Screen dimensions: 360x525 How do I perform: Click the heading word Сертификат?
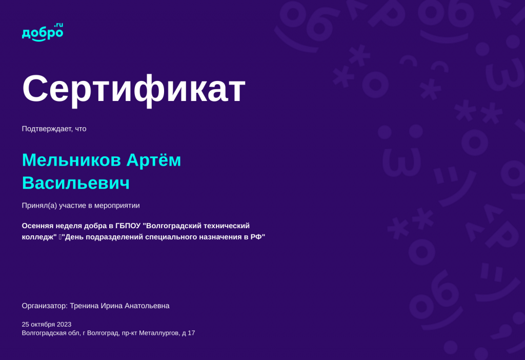tap(134, 89)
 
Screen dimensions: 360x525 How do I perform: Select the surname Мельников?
tap(71, 160)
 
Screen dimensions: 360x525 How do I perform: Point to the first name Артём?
tap(154, 160)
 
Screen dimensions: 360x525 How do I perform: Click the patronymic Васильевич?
tap(75, 183)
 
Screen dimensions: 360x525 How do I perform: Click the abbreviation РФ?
tap(256, 237)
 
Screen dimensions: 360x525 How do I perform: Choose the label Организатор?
tap(44, 306)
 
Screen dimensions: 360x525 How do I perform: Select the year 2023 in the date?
tap(64, 324)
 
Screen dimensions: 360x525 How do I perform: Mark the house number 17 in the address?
tap(191, 333)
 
